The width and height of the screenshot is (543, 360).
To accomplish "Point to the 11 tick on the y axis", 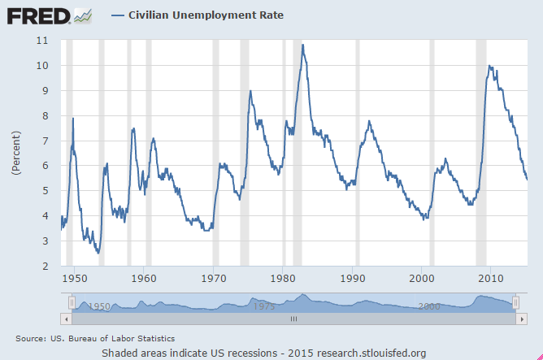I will point(42,41).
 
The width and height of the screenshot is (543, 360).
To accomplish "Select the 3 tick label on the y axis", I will point(45,241).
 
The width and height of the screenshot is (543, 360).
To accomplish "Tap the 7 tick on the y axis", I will point(45,141).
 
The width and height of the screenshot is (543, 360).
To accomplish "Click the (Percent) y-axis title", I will point(16,152).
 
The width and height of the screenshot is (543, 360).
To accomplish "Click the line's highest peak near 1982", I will point(302,45).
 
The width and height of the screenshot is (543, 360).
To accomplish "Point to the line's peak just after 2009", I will point(489,66).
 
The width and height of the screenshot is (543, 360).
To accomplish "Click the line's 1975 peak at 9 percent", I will point(250,91).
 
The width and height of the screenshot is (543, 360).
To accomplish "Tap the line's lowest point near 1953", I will point(98,253).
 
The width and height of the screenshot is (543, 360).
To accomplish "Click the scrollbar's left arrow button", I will point(71,319).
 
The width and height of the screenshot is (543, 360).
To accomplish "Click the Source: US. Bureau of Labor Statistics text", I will point(95,338).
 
